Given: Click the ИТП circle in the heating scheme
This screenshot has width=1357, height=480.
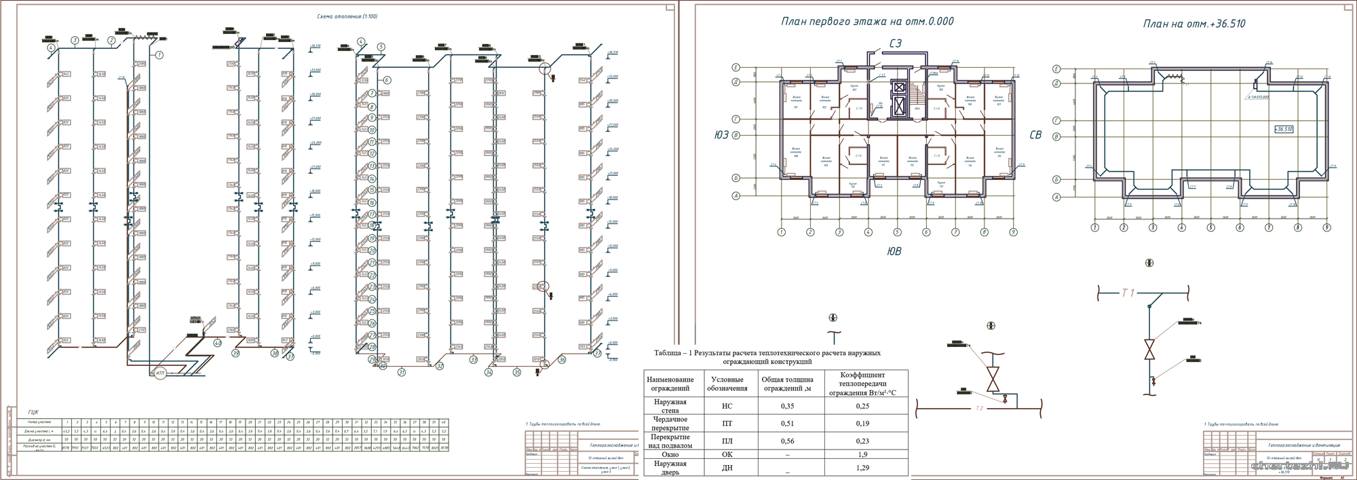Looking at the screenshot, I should point(160,373).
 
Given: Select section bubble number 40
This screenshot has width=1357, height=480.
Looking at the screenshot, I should point(217,344).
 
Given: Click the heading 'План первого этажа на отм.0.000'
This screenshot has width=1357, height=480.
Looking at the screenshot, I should point(867,22).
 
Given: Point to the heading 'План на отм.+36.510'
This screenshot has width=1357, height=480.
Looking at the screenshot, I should point(1194,24).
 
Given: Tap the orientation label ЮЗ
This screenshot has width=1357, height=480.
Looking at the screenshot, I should point(721,135).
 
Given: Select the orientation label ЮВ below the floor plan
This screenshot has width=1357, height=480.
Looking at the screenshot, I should point(894,251).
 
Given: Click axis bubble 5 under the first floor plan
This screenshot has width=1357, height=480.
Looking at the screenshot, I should point(897,232).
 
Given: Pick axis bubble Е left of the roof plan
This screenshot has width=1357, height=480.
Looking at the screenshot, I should point(1056,69).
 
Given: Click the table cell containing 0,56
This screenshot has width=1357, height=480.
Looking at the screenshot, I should point(787,441).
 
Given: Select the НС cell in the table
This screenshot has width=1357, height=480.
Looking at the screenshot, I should point(727,406).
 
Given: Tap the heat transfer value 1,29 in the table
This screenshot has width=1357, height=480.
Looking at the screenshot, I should point(862,468).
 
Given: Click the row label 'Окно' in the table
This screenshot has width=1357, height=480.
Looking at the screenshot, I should point(670,454).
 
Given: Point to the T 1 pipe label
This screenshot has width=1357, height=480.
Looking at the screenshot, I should point(1128,293).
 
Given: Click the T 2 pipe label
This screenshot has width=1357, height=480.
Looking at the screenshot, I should point(979,409).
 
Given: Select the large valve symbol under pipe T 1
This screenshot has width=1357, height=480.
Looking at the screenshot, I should point(1149,350).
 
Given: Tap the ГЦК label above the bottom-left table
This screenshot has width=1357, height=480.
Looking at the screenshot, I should point(33,411).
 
